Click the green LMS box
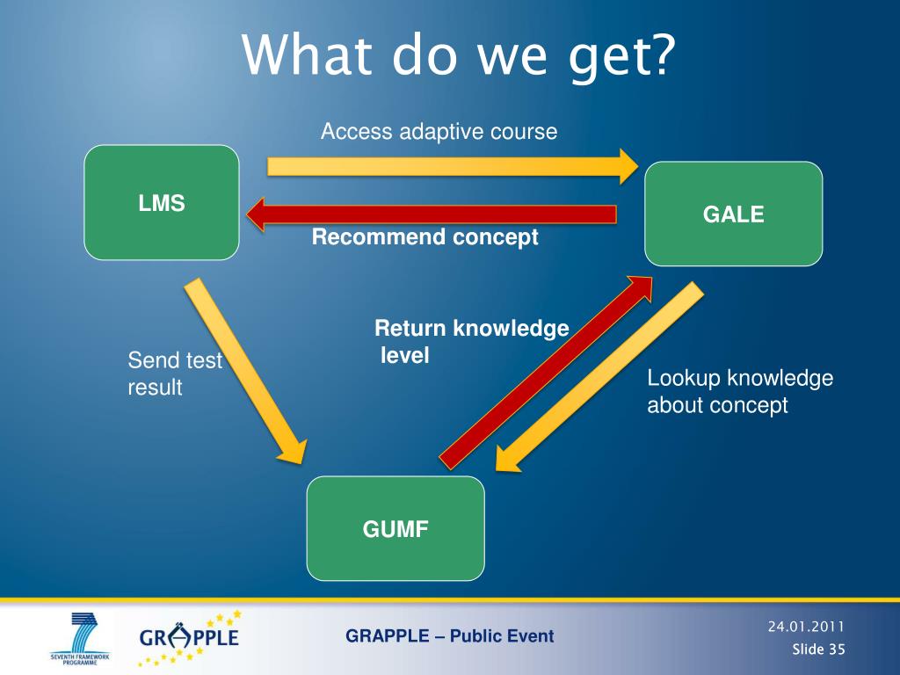pos(162,203)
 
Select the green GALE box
pos(734,214)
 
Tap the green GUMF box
pos(396,528)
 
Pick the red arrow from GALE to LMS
pos(431,214)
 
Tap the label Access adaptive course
pos(439,132)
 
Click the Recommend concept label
pos(425,237)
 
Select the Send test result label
pos(175,374)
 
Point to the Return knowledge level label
pos(471,342)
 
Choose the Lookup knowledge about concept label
pos(740,392)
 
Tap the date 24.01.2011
pos(806,627)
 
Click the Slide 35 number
pos(818,650)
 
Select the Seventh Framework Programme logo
pos(80,638)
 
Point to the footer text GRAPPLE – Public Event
pos(449,636)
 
